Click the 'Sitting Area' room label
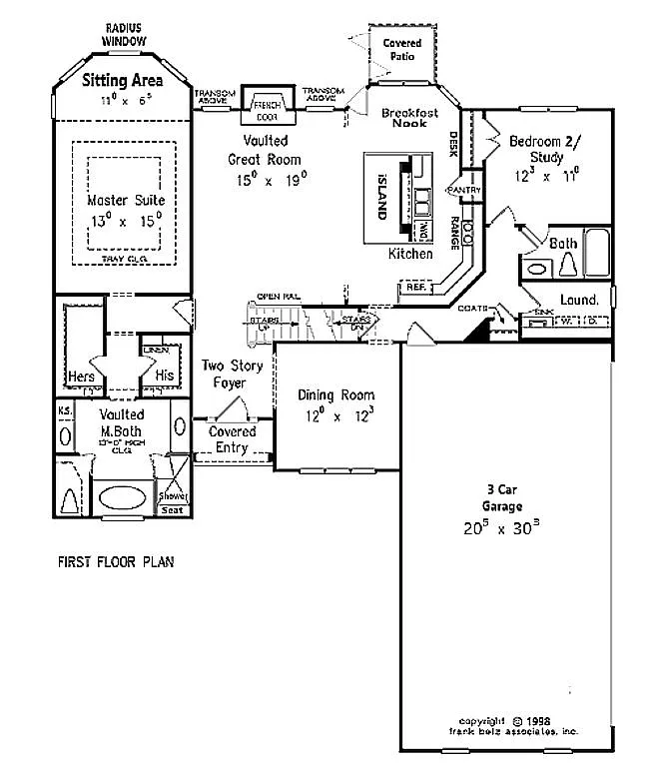pos(124,82)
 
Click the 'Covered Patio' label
pos(402,50)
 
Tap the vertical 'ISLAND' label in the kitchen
pos(381,195)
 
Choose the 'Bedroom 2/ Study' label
pos(536,150)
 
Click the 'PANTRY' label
pos(464,190)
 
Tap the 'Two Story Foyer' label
pos(233,374)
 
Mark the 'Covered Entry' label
pos(232,439)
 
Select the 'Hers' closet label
pos(82,377)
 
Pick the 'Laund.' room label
pos(579,299)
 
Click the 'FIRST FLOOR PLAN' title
pos(115,562)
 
